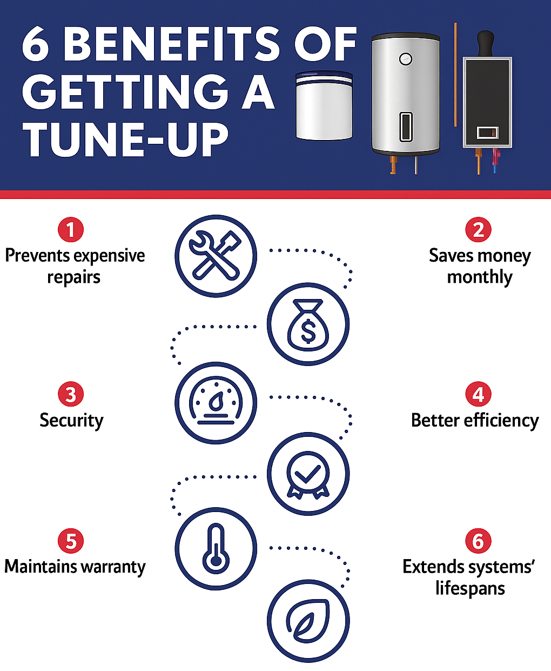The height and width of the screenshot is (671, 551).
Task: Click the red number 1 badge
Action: [x=71, y=230]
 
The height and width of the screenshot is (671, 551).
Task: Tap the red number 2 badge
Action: [x=478, y=230]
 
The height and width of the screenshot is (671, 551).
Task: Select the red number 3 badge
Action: [x=71, y=395]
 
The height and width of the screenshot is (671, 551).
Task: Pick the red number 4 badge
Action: [x=478, y=395]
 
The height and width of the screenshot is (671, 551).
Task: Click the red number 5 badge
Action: [x=71, y=541]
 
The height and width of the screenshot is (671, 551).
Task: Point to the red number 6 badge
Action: [x=478, y=541]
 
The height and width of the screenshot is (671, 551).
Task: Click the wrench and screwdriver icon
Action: [x=216, y=256]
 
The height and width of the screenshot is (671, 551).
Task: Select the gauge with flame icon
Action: [x=216, y=403]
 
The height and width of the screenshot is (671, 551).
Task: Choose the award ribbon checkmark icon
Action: [x=308, y=474]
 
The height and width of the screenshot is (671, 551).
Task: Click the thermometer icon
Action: [x=216, y=549]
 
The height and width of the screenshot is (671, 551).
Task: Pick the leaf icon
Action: [x=308, y=621]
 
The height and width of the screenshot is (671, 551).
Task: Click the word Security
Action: [x=71, y=421]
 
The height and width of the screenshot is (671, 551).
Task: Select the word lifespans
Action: [x=470, y=588]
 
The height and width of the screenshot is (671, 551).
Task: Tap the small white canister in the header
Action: [x=324, y=106]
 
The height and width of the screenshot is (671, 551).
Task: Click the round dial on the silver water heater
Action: [x=406, y=59]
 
